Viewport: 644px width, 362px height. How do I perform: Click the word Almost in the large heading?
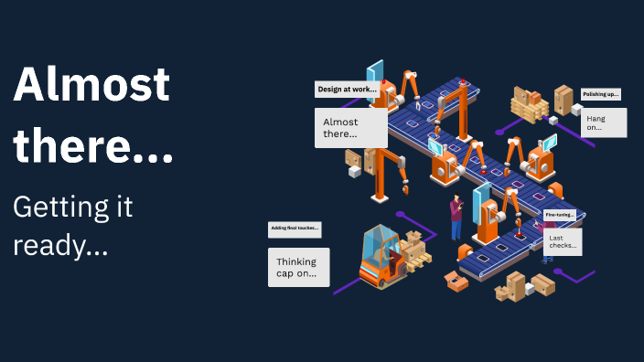point(91,86)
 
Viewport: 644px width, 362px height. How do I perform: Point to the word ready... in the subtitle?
point(60,246)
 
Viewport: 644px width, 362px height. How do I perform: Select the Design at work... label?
point(347,90)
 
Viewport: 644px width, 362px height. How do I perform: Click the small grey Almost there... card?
point(350,128)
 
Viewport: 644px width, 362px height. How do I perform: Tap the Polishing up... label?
point(601,94)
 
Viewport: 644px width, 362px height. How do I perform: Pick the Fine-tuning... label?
point(559,215)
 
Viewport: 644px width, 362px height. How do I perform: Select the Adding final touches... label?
point(294,229)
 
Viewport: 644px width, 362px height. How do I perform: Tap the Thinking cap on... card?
point(298,267)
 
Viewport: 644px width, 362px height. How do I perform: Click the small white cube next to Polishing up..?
point(577,109)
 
